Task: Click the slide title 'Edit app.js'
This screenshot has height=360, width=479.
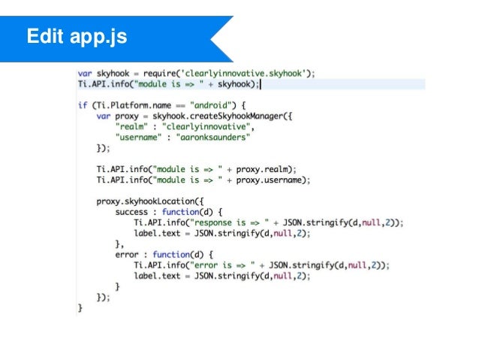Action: click(75, 35)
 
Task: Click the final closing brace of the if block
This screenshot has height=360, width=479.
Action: click(80, 308)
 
